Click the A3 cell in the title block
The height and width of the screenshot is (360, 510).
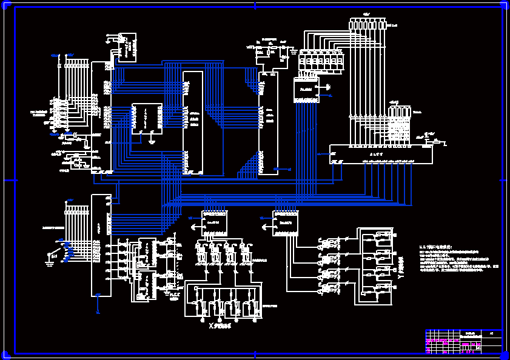point(492,333)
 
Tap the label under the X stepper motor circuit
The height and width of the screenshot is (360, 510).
point(220,326)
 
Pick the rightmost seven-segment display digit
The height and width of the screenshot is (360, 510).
point(340,62)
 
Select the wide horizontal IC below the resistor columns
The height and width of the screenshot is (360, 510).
point(381,154)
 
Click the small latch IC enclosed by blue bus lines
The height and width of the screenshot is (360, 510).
point(147,118)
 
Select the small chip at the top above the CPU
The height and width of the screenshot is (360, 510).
point(127,48)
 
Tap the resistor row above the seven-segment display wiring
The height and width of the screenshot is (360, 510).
point(367,24)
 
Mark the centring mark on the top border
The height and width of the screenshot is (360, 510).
point(255,5)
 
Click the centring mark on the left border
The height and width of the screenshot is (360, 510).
point(8,180)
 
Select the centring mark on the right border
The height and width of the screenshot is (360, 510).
point(503,180)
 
